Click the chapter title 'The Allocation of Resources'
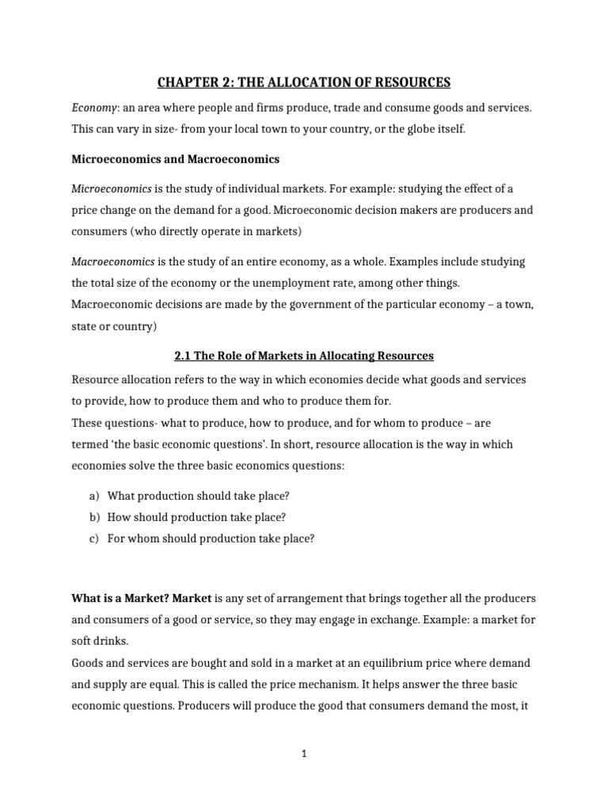pos(303,82)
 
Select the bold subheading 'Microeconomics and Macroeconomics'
pos(175,159)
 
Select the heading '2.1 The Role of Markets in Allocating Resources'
pos(303,356)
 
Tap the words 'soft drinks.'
pos(101,639)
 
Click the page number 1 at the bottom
pos(303,755)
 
